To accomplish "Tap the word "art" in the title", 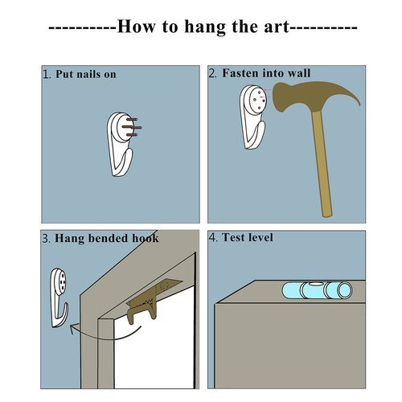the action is tap(277, 27).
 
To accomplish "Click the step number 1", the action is tap(47, 74).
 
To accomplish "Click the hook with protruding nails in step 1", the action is tap(123, 144).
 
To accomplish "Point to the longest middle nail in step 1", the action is tap(132, 127).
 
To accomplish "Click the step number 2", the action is tap(213, 73).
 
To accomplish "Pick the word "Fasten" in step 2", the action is tap(241, 73).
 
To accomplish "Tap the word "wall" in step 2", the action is tap(299, 73).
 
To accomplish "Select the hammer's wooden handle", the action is tap(322, 163).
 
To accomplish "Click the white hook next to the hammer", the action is tap(252, 117).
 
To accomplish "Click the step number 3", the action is tap(46, 238).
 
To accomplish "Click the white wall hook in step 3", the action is tap(59, 297).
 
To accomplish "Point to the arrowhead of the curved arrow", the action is tap(74, 329).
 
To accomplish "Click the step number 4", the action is tap(213, 237).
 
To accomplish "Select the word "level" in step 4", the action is tap(260, 237).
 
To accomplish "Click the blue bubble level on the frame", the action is tap(317, 290).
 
